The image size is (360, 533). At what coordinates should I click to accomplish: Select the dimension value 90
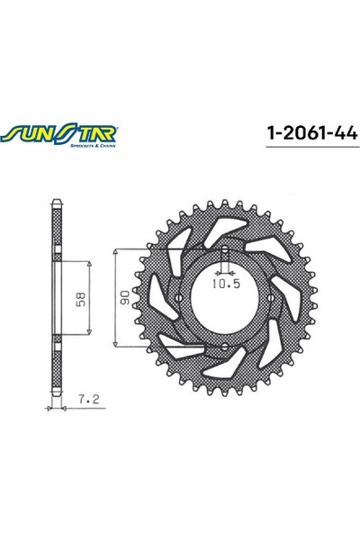click(x=124, y=298)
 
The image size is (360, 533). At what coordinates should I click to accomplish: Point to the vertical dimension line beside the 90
click(x=116, y=298)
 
